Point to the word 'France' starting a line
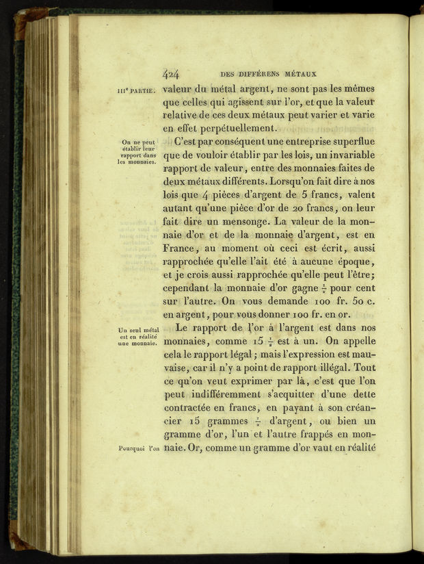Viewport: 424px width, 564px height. point(178,248)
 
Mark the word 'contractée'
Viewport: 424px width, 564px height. point(192,408)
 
